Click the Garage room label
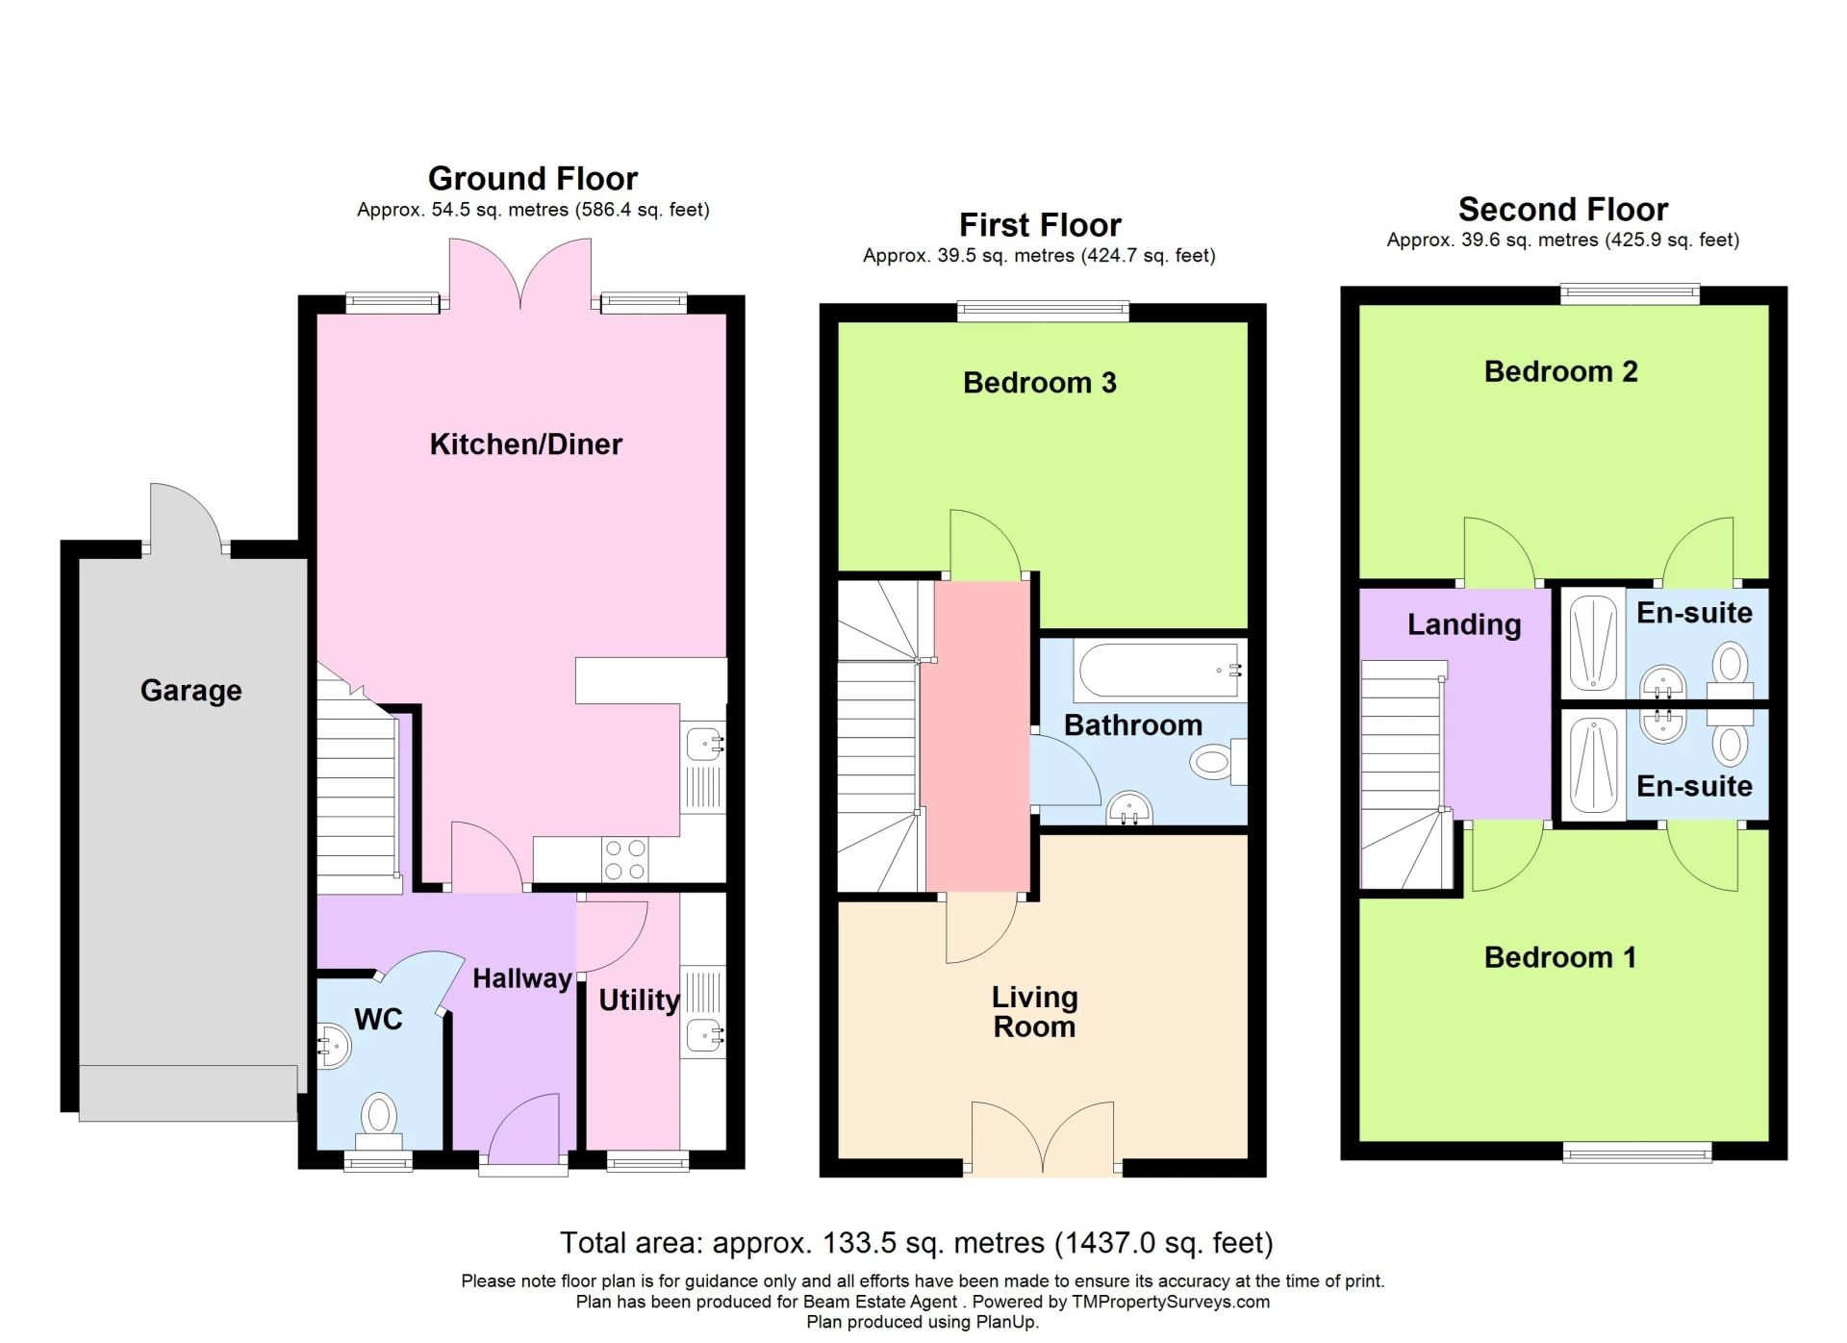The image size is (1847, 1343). [x=190, y=691]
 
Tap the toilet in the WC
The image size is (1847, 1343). [x=379, y=1119]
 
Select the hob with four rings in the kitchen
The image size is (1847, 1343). [x=624, y=859]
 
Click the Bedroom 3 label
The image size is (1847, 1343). [x=1039, y=383]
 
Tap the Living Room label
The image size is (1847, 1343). [x=1034, y=1012]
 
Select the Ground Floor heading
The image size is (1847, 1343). [x=532, y=179]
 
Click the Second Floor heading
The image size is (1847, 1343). [x=1562, y=210]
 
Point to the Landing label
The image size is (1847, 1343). [x=1463, y=625]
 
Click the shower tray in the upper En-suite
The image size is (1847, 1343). [x=1592, y=643]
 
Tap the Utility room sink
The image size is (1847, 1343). [x=704, y=1036]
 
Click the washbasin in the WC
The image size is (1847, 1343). [x=333, y=1047]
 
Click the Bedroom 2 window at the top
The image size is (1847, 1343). [x=1629, y=293]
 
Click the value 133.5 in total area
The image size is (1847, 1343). [x=860, y=1243]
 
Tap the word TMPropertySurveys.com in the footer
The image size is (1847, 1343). [x=1170, y=1302]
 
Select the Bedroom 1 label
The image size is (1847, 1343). [x=1559, y=957]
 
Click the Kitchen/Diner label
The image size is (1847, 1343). [x=525, y=444]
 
